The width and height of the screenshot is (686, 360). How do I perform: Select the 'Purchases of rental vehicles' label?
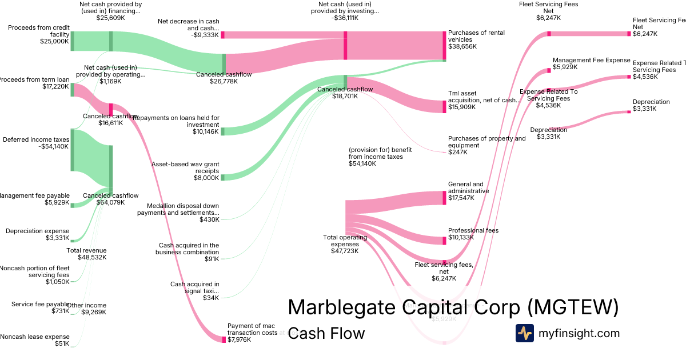coord(476,36)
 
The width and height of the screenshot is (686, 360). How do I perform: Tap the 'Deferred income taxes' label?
coord(36,139)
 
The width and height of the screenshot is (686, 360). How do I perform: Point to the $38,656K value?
coord(462,46)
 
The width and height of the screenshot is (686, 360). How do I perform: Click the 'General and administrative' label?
coord(468,187)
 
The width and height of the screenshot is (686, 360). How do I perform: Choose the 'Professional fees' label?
coord(473,231)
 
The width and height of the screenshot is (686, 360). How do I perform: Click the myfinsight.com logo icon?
coord(524,333)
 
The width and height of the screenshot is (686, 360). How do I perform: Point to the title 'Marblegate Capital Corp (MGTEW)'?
coord(453,307)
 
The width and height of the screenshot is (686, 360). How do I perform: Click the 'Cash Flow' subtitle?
coord(326,333)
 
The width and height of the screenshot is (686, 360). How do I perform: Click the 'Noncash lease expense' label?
coord(35,337)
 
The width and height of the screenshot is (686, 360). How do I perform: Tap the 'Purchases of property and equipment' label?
coord(486,142)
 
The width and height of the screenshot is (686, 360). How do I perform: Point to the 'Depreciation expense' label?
coord(37,231)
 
